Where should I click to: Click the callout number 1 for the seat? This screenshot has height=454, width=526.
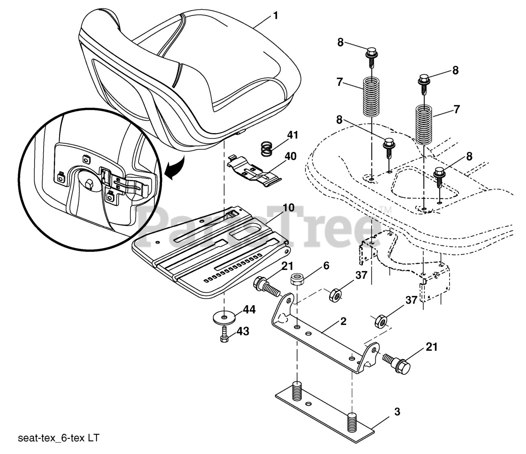[275, 16]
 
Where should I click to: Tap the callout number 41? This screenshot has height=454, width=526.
[293, 135]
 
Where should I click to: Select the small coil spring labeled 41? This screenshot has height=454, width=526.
[268, 148]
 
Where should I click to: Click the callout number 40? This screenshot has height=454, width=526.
[290, 157]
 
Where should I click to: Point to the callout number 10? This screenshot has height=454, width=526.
[288, 207]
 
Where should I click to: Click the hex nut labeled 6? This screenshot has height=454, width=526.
[296, 280]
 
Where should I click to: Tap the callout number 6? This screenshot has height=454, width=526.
[326, 266]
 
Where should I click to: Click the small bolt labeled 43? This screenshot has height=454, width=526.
[224, 334]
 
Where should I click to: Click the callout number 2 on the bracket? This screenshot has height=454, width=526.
[343, 321]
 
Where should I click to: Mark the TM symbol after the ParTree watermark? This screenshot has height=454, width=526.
[385, 210]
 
